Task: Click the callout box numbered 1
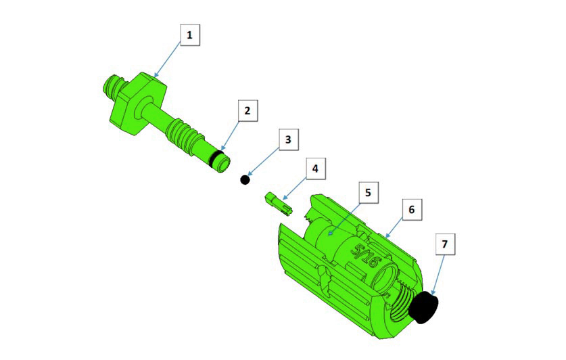pyautogui.click(x=190, y=35)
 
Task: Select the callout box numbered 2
pyautogui.click(x=247, y=110)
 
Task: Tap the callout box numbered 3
pyautogui.click(x=288, y=139)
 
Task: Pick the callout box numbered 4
pyautogui.click(x=316, y=168)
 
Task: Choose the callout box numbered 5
pyautogui.click(x=368, y=192)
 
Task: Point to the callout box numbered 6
pyautogui.click(x=412, y=210)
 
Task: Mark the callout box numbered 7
pyautogui.click(x=445, y=244)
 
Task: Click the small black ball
pyautogui.click(x=245, y=179)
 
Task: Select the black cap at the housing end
pyautogui.click(x=423, y=308)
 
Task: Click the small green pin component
pyautogui.click(x=279, y=205)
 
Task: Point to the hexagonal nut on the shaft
pyautogui.click(x=138, y=103)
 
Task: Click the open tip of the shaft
pyautogui.click(x=223, y=164)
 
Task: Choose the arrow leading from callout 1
pyautogui.click(x=168, y=59)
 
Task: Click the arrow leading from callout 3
pyautogui.click(x=264, y=162)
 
